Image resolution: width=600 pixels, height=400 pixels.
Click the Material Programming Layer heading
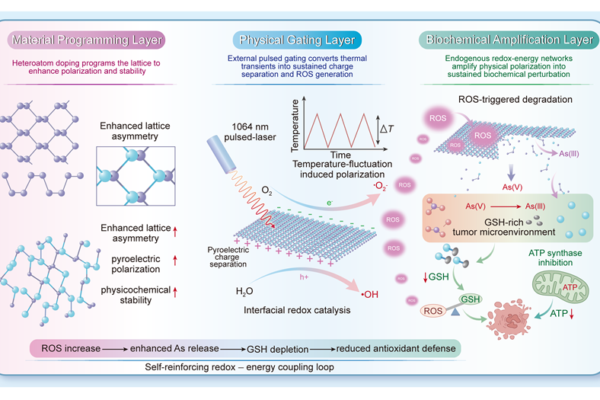[x=87, y=40]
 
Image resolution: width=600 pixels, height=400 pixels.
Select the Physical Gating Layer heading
[x=297, y=40]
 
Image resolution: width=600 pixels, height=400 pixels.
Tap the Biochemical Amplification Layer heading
[x=509, y=40]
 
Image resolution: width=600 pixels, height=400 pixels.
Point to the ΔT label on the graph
[x=387, y=129]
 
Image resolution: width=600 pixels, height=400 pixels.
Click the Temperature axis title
[x=295, y=126]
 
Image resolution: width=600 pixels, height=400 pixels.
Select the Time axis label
[x=340, y=155]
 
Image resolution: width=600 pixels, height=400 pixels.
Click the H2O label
[x=244, y=292]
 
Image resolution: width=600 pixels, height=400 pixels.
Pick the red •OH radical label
[x=369, y=294]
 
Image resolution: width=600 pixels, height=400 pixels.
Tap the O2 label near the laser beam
[x=266, y=190]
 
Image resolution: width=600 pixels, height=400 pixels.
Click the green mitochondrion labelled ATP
[x=560, y=287]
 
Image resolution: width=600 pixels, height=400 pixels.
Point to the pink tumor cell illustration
[x=509, y=319]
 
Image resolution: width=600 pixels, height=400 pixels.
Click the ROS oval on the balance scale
[x=433, y=311]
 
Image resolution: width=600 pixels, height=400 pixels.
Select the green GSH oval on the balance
[x=471, y=299]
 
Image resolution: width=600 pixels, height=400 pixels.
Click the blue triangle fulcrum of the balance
[x=455, y=312]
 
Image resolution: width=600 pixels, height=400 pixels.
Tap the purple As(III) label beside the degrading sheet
[x=569, y=153]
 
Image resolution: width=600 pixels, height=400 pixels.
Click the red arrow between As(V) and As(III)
[x=506, y=206]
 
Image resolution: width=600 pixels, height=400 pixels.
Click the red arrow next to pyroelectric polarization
[x=175, y=261]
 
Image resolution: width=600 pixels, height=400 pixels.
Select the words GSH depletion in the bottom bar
[x=277, y=349]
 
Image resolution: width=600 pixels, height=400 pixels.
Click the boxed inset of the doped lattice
[x=136, y=176]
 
